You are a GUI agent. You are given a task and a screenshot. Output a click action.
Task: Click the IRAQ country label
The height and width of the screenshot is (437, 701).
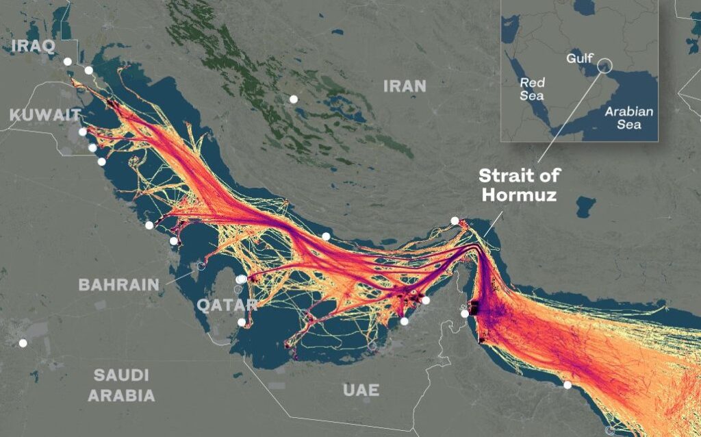click(34, 47)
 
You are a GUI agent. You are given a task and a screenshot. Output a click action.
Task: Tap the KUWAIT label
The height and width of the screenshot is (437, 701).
click(45, 115)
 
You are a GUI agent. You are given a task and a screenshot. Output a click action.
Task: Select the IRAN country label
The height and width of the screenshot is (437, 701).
click(405, 86)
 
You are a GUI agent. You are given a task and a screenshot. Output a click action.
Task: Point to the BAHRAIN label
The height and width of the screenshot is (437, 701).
click(119, 284)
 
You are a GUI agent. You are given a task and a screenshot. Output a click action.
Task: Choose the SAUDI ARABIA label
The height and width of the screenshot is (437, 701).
click(121, 385)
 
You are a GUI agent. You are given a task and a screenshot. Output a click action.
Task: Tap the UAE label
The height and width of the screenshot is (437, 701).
click(361, 390)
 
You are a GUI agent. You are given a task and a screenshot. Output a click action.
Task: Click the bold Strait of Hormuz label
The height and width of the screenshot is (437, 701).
click(518, 184)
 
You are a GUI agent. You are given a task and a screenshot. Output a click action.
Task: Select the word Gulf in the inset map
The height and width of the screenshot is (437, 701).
click(579, 58)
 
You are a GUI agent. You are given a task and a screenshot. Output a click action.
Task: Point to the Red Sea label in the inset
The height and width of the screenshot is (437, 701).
click(532, 89)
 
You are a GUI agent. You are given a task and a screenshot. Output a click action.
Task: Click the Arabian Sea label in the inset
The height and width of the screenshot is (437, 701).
click(629, 118)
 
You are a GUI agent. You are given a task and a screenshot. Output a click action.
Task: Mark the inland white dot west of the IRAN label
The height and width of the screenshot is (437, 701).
click(294, 99)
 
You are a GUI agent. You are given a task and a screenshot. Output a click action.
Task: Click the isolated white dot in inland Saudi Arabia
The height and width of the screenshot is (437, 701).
click(23, 343)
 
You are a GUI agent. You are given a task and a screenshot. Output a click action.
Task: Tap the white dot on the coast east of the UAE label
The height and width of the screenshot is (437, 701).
click(568, 386)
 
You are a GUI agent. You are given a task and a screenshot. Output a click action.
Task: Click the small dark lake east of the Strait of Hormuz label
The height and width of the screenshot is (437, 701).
click(585, 205)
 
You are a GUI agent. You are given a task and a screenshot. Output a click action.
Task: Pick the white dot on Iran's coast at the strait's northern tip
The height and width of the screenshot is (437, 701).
click(455, 221)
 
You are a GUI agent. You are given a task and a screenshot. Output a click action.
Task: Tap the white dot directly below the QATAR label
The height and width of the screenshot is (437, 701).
click(242, 322)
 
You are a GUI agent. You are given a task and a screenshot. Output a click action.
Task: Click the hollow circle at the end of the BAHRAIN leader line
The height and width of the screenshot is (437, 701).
click(201, 266)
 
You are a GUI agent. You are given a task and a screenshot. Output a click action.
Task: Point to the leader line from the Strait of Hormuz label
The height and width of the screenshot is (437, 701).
click(492, 223)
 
